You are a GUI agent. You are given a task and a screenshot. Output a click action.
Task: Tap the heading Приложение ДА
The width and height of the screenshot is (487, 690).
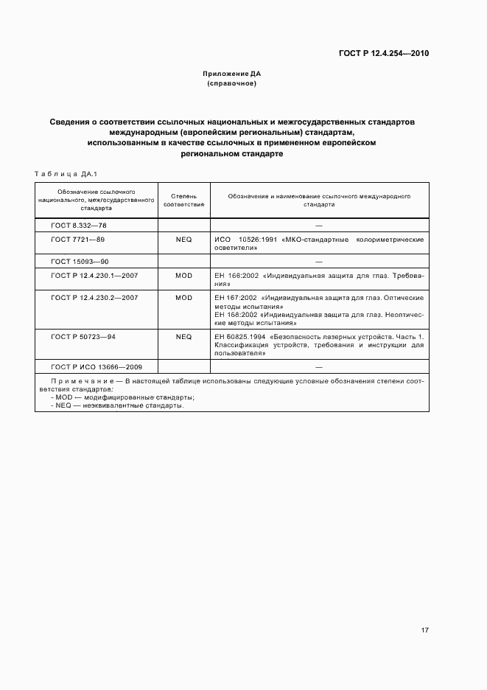coord(232,74)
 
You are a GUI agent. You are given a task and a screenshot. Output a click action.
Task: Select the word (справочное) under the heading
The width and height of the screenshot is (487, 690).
coord(232,84)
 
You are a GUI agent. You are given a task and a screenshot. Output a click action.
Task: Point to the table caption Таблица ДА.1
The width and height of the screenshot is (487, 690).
coord(61,174)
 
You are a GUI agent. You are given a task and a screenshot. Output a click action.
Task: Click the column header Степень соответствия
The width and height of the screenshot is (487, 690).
coord(183,200)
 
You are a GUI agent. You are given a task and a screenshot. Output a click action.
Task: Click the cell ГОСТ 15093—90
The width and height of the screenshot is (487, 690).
coord(80,261)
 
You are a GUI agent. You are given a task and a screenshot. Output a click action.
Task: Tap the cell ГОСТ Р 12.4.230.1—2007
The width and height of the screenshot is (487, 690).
coord(94,275)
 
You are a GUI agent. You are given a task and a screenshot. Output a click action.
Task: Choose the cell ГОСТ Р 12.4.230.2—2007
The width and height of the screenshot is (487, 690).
coord(94,297)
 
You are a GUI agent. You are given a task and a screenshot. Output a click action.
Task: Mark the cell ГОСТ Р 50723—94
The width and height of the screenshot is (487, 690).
coord(83,336)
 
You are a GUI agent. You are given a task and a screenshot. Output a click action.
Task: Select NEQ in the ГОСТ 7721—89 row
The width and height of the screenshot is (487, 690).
coord(183,240)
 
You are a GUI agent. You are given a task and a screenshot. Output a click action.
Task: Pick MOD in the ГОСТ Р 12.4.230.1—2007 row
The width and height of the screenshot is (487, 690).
coord(183,275)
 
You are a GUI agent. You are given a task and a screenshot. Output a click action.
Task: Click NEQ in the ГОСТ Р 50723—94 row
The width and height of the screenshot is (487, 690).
coord(183,336)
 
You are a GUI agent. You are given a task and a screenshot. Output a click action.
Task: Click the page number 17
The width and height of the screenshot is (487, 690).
coord(425,630)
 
